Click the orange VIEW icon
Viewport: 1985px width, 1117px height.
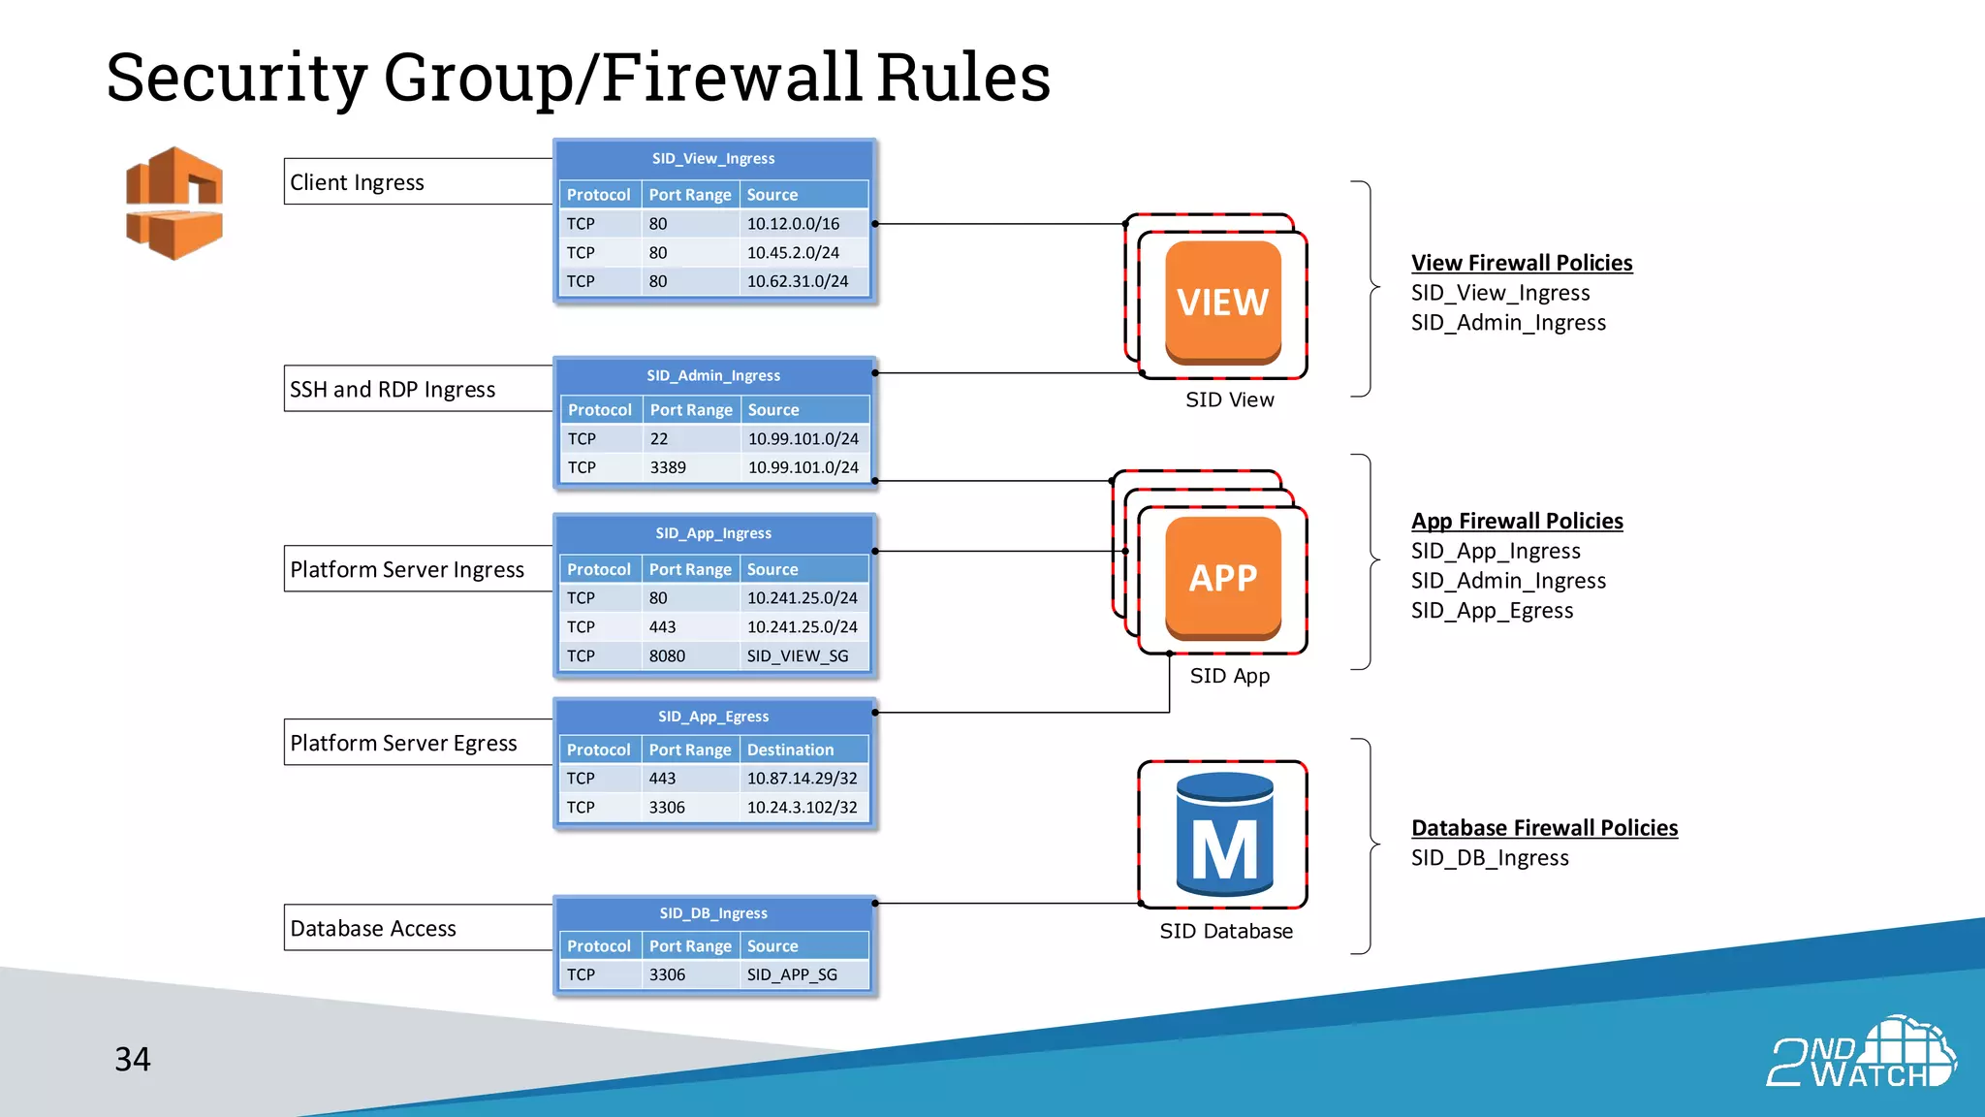(1222, 302)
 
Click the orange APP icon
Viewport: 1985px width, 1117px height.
(1222, 578)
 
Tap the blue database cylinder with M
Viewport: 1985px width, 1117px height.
(1224, 835)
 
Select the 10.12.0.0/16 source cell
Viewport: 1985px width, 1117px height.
(793, 224)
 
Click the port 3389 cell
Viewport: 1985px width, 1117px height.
(668, 467)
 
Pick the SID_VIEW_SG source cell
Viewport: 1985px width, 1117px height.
(797, 656)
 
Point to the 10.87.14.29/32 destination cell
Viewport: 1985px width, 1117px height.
(802, 779)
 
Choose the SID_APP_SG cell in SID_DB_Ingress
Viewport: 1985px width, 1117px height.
(792, 974)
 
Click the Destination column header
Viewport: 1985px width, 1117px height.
(790, 750)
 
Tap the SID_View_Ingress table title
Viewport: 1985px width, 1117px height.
(713, 159)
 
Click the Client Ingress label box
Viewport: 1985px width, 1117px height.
(418, 182)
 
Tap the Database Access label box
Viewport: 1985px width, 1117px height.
(418, 928)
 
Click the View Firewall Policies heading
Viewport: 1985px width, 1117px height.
(1521, 263)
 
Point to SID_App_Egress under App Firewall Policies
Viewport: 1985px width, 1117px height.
(1492, 611)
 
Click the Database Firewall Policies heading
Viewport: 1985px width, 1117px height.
(1544, 828)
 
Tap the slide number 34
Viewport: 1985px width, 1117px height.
(133, 1059)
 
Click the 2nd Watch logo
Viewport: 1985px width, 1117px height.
(1861, 1053)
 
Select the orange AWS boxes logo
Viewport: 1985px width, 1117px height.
(174, 203)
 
